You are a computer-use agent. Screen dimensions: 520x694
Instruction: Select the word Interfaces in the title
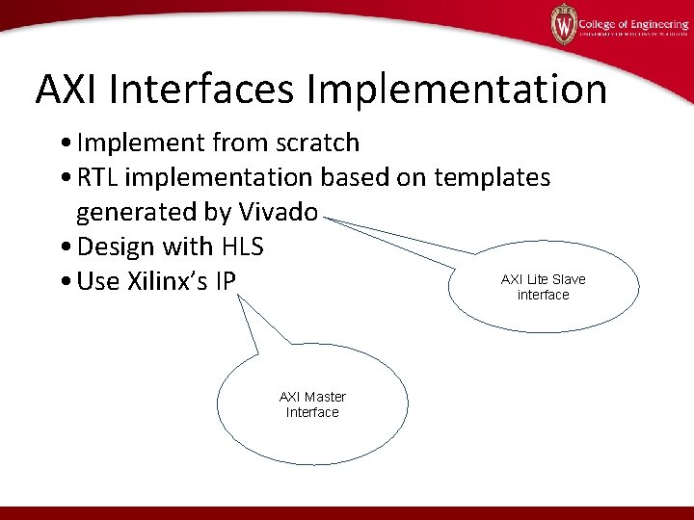(203, 90)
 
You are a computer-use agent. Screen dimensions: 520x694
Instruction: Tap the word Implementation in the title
(458, 90)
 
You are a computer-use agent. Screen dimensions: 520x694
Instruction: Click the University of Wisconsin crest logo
(563, 23)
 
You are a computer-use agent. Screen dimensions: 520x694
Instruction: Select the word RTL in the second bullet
(99, 177)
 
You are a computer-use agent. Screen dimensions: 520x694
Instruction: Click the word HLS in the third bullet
(242, 247)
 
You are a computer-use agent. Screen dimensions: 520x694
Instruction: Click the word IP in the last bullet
(250, 281)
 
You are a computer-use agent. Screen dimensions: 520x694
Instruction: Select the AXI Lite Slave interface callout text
(543, 287)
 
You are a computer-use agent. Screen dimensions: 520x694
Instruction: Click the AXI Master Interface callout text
(312, 404)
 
